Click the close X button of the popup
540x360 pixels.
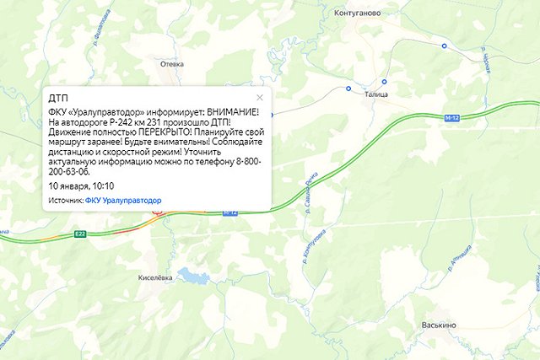point(260,98)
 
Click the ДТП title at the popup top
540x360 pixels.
point(58,99)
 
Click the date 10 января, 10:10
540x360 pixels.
point(81,185)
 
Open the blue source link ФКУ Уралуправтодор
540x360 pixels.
point(123,201)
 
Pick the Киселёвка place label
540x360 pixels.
point(154,277)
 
